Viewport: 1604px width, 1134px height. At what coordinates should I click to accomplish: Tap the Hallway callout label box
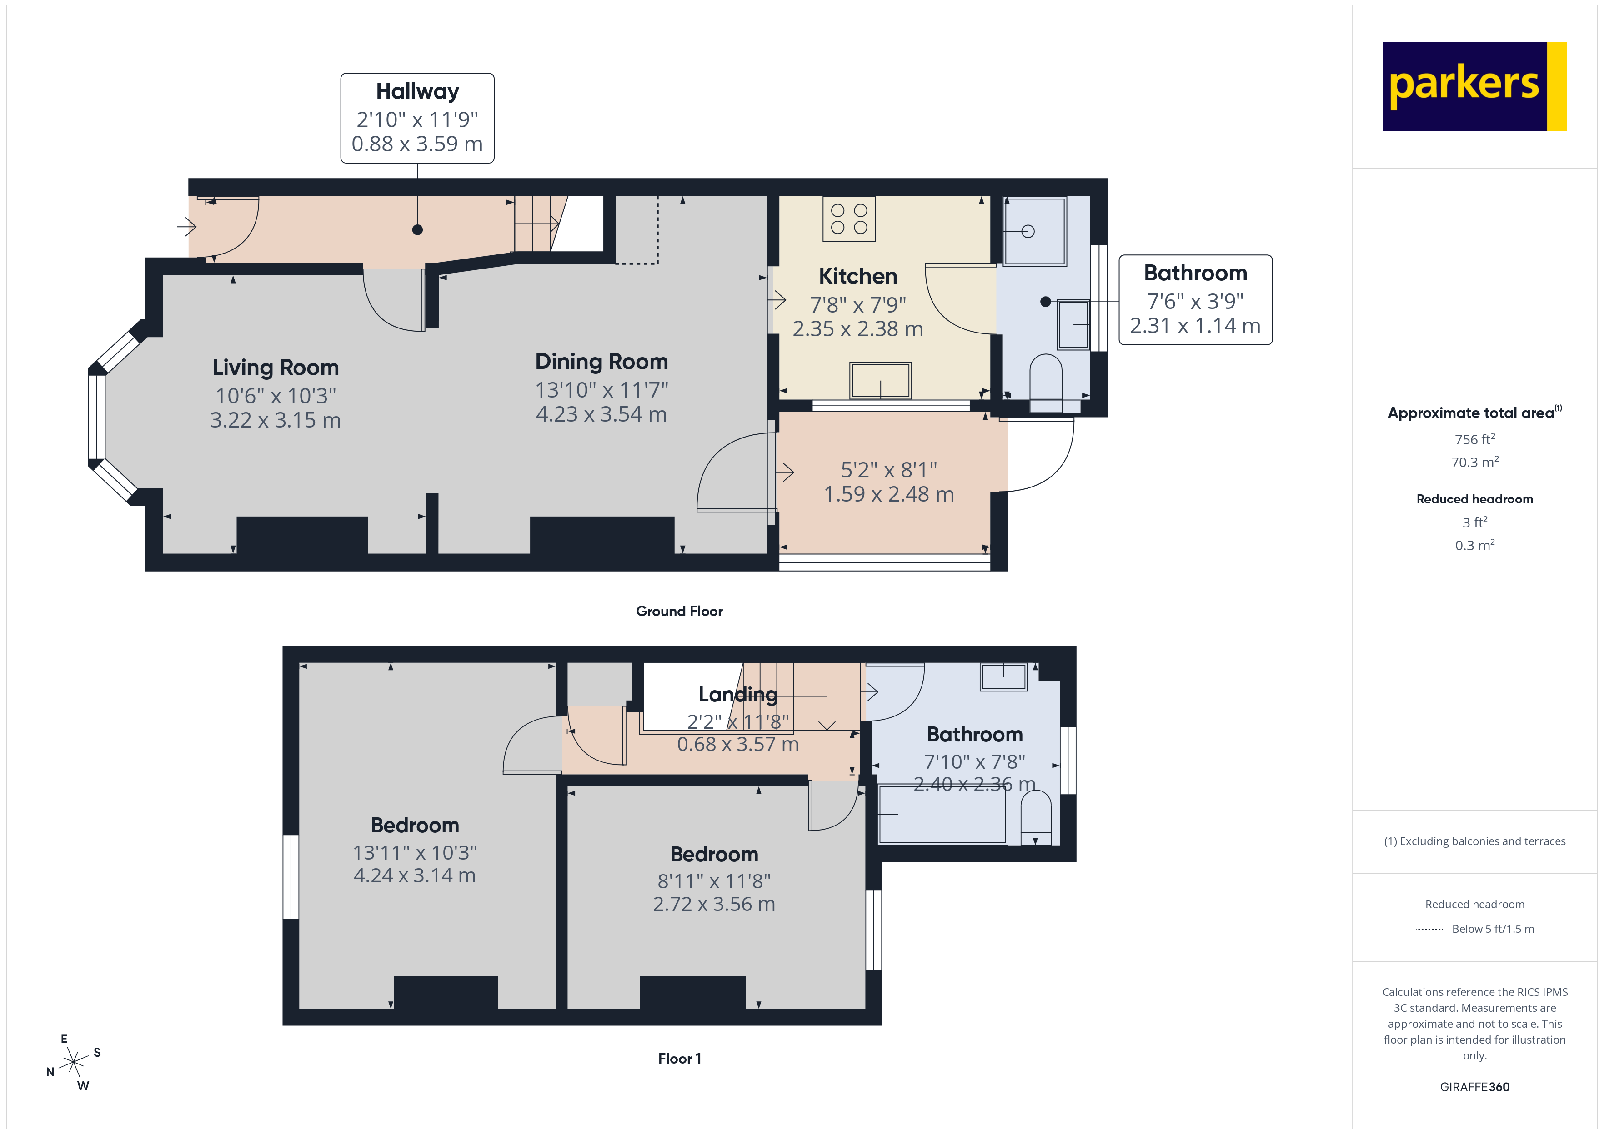417,118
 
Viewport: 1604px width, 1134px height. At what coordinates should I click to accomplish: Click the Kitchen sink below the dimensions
880,381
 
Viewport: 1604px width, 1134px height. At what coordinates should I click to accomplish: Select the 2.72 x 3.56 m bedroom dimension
713,904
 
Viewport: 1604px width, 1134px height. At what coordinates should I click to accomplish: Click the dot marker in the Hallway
417,230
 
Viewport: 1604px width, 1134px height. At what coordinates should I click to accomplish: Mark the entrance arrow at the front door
186,226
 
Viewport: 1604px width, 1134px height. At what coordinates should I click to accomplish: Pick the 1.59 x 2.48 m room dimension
889,494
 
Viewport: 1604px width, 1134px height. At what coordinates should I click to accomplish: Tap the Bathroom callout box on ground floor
1195,299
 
